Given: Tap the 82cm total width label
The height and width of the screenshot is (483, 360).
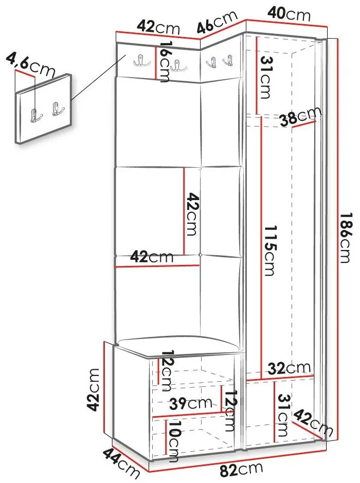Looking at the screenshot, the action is [x=241, y=470].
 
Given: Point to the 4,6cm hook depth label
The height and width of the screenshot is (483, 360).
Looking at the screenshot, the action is [x=30, y=64].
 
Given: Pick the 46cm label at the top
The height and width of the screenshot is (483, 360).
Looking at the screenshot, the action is [x=217, y=22].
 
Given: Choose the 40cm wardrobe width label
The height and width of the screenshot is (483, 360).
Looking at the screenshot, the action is [x=289, y=14].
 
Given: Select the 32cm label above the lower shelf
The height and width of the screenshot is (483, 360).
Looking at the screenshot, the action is [x=289, y=368].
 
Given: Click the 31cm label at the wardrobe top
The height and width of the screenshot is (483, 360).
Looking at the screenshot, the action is [x=266, y=77].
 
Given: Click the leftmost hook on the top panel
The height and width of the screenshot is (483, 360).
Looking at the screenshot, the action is [x=142, y=60].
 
